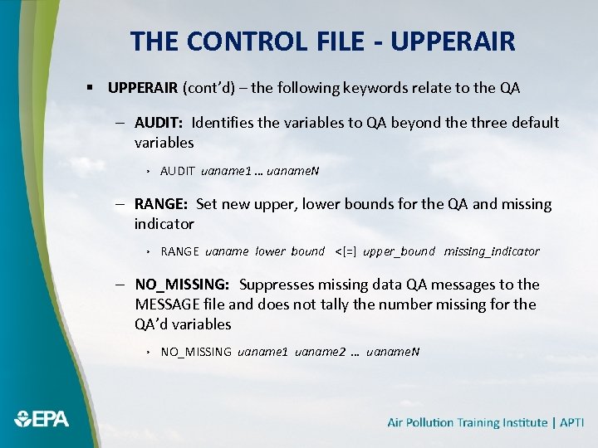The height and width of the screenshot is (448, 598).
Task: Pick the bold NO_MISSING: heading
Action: pyautogui.click(x=182, y=285)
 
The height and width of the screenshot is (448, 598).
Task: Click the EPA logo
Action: pyautogui.click(x=42, y=419)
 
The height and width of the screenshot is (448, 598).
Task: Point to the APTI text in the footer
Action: pyautogui.click(x=571, y=422)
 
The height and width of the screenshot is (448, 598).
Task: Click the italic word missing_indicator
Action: pyautogui.click(x=491, y=251)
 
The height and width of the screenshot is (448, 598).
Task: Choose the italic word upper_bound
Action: pyautogui.click(x=399, y=251)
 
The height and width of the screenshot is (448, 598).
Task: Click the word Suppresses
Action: pyautogui.click(x=277, y=285)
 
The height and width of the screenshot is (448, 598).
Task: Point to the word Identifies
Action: pyautogui.click(x=225, y=123)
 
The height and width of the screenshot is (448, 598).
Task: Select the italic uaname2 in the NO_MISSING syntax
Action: pyautogui.click(x=316, y=352)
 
